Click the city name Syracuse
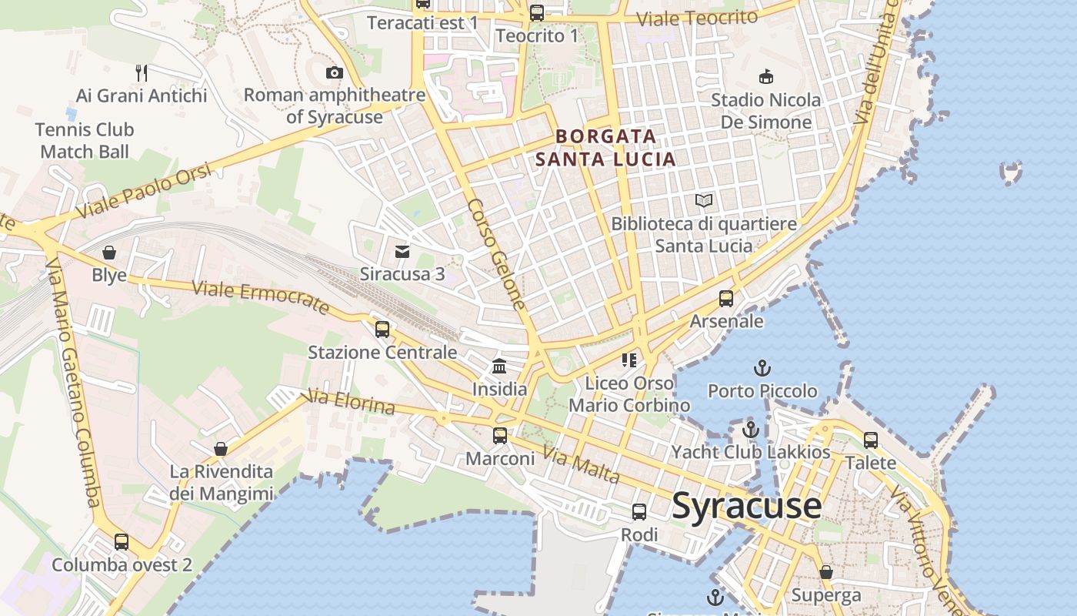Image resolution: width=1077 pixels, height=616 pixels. (746, 506)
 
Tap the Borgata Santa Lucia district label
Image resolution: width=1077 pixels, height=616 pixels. (606, 148)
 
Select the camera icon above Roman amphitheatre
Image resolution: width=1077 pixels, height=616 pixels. (334, 72)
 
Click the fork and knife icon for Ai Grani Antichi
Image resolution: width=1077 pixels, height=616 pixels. (142, 73)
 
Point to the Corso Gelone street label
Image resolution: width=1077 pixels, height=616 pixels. (496, 254)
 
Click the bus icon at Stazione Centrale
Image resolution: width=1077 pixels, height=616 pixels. (382, 330)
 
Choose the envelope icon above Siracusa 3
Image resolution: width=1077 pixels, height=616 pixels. (402, 251)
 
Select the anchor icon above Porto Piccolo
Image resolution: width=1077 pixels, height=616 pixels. (762, 367)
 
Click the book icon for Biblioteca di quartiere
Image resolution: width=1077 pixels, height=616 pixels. (704, 201)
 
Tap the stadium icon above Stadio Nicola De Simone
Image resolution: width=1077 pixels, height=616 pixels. (765, 76)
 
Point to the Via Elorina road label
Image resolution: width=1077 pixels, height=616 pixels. (350, 402)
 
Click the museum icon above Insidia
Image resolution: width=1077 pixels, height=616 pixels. (499, 366)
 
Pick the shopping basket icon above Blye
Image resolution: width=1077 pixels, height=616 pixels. (109, 253)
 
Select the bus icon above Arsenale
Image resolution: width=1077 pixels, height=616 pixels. (726, 298)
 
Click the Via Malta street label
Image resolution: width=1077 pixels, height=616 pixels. (581, 465)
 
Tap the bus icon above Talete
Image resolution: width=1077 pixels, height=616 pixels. (871, 440)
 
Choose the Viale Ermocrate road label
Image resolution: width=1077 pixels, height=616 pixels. (261, 299)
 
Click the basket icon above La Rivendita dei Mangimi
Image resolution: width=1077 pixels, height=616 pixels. (221, 448)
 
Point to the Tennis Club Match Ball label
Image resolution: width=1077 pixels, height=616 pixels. (85, 140)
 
